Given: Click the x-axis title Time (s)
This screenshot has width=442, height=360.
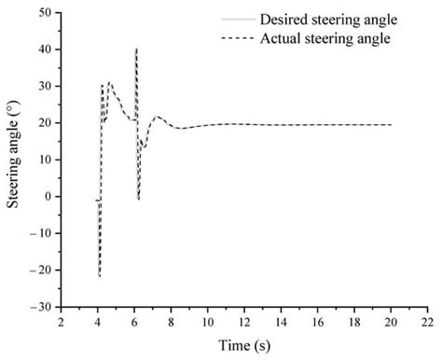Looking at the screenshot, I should coord(244,346).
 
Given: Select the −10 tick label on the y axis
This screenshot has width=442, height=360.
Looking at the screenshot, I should coord(40,233).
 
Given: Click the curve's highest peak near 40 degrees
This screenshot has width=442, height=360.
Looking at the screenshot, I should coord(136,48).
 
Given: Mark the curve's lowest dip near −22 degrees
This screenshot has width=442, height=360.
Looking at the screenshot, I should coord(100,276).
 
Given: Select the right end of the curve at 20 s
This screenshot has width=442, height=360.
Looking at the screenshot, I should coord(391,125).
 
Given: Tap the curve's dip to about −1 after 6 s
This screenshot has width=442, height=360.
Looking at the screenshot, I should coord(139,200).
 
